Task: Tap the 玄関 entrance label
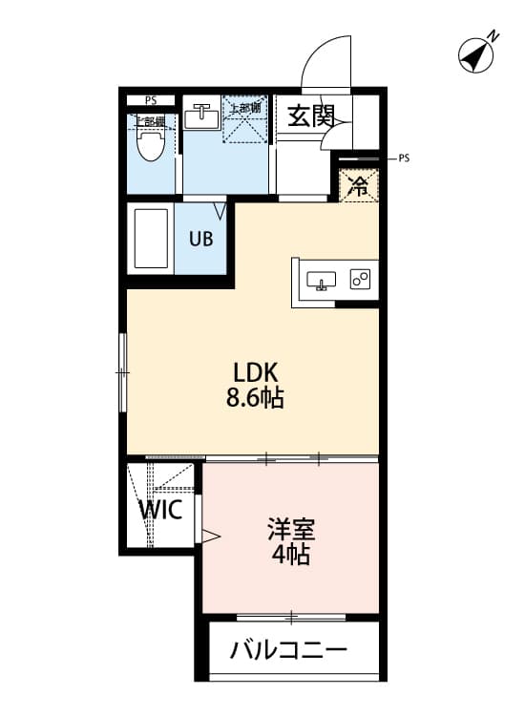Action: coord(311,116)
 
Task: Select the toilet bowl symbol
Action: coord(148,144)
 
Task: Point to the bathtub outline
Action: coord(150,239)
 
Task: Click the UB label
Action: coord(200,239)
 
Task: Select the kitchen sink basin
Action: coord(321,280)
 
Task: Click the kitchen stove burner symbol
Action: coord(360,280)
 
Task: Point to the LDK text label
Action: coord(254,371)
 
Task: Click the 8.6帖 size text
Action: coord(255,398)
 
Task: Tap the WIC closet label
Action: coord(160,508)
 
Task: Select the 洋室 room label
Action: coord(290,529)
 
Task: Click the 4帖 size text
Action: coord(290,556)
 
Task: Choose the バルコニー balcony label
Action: coord(287,653)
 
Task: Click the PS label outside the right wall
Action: coord(404,158)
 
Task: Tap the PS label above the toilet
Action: coord(151,100)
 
